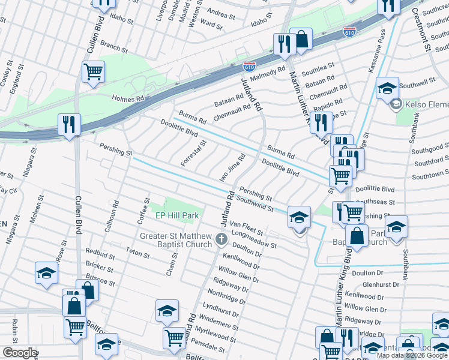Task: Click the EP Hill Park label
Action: [x=177, y=215]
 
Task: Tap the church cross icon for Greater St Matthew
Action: [x=221, y=241]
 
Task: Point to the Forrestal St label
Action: [x=193, y=154]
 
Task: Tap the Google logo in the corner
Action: [x=20, y=353]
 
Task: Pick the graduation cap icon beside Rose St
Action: [x=46, y=273]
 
